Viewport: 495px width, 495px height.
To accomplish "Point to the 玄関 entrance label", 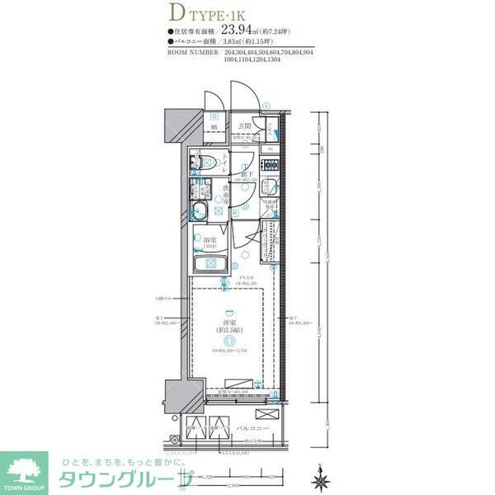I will (x=244, y=125).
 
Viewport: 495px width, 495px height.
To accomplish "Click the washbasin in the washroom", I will (x=201, y=208).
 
